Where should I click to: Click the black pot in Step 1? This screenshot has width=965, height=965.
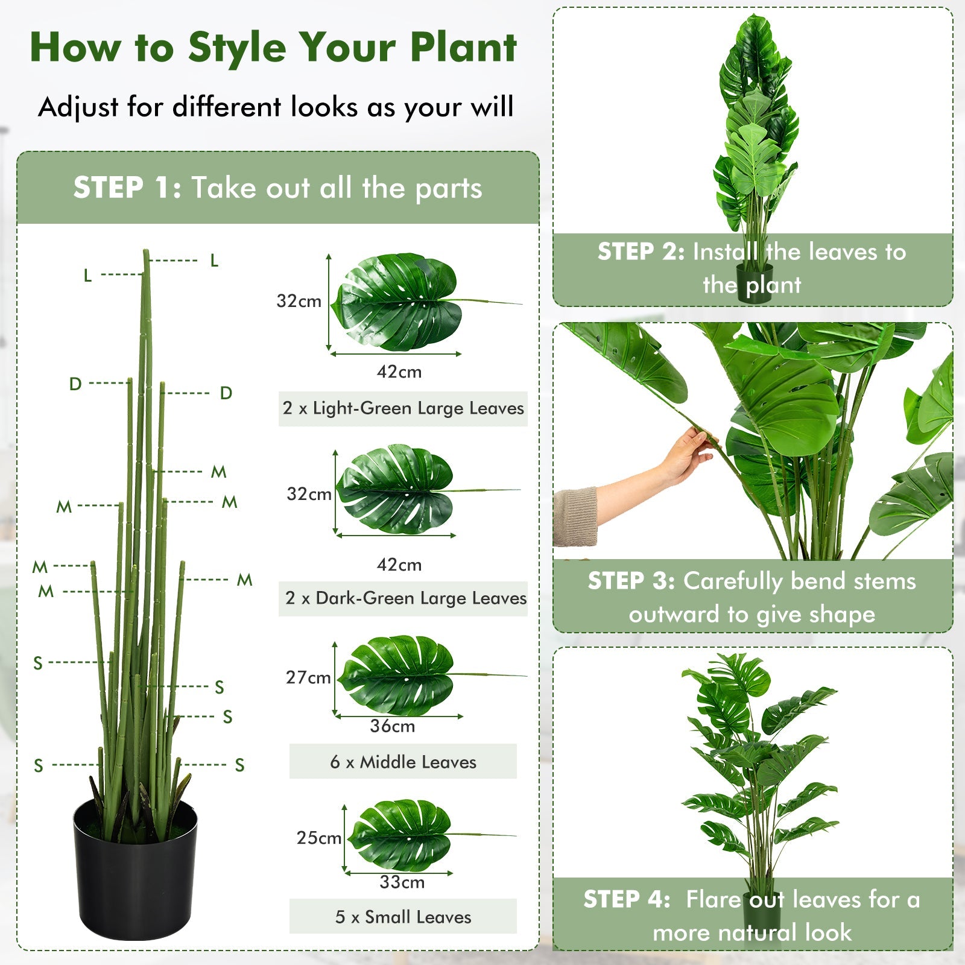point(135,872)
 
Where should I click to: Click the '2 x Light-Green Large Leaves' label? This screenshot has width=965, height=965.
point(403,408)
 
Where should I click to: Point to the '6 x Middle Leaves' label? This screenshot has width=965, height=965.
point(403,762)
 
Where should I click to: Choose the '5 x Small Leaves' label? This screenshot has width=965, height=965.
point(403,917)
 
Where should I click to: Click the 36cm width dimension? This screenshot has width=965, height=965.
point(393,726)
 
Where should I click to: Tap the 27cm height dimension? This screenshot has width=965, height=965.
point(308,677)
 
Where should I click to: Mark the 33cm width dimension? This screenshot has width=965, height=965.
point(402,882)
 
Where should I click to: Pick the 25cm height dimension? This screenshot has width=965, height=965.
point(318,838)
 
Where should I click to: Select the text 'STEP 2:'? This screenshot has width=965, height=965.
point(641,252)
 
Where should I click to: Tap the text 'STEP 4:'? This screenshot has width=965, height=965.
point(627,899)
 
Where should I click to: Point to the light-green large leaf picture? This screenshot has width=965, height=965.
point(398,302)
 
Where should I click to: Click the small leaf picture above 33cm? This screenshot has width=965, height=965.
point(401,835)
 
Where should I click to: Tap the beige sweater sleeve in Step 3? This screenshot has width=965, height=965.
point(574,516)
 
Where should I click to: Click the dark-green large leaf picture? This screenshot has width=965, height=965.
point(396,490)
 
